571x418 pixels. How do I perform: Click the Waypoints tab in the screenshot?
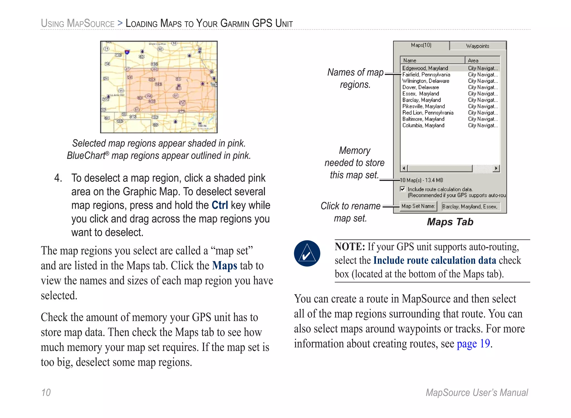[478, 46]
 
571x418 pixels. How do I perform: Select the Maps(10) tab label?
[421, 45]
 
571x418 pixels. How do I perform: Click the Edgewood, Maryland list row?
[425, 68]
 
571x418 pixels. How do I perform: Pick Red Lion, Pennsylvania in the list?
[428, 113]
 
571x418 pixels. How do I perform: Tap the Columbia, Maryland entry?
[423, 125]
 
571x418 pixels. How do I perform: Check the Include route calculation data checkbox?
[403, 189]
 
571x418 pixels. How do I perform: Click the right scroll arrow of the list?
[496, 168]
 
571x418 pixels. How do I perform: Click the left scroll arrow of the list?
[404, 168]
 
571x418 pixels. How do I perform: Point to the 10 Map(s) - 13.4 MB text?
[422, 180]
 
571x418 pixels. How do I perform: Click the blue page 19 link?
[473, 344]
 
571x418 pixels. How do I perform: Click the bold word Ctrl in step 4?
[220, 205]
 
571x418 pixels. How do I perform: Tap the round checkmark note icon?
[307, 253]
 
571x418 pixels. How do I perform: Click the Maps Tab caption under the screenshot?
[450, 222]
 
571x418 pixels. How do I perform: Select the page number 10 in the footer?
[46, 392]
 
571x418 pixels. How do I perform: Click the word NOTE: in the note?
[350, 247]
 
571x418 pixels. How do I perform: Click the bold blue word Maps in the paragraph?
[224, 265]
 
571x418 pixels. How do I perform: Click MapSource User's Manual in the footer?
[476, 392]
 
